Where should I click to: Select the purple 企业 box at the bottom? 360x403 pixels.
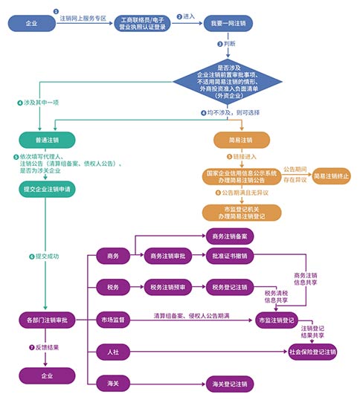click(x=46, y=375)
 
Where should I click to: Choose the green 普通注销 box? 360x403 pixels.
click(x=46, y=139)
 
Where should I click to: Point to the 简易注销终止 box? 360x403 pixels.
click(x=331, y=175)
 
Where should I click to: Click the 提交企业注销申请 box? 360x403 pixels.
click(x=46, y=189)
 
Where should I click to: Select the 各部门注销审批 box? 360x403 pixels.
click(x=46, y=320)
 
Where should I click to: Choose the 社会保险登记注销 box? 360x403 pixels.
click(x=312, y=352)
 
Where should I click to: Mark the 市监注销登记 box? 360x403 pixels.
click(x=281, y=320)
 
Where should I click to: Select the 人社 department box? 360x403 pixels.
click(x=114, y=352)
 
